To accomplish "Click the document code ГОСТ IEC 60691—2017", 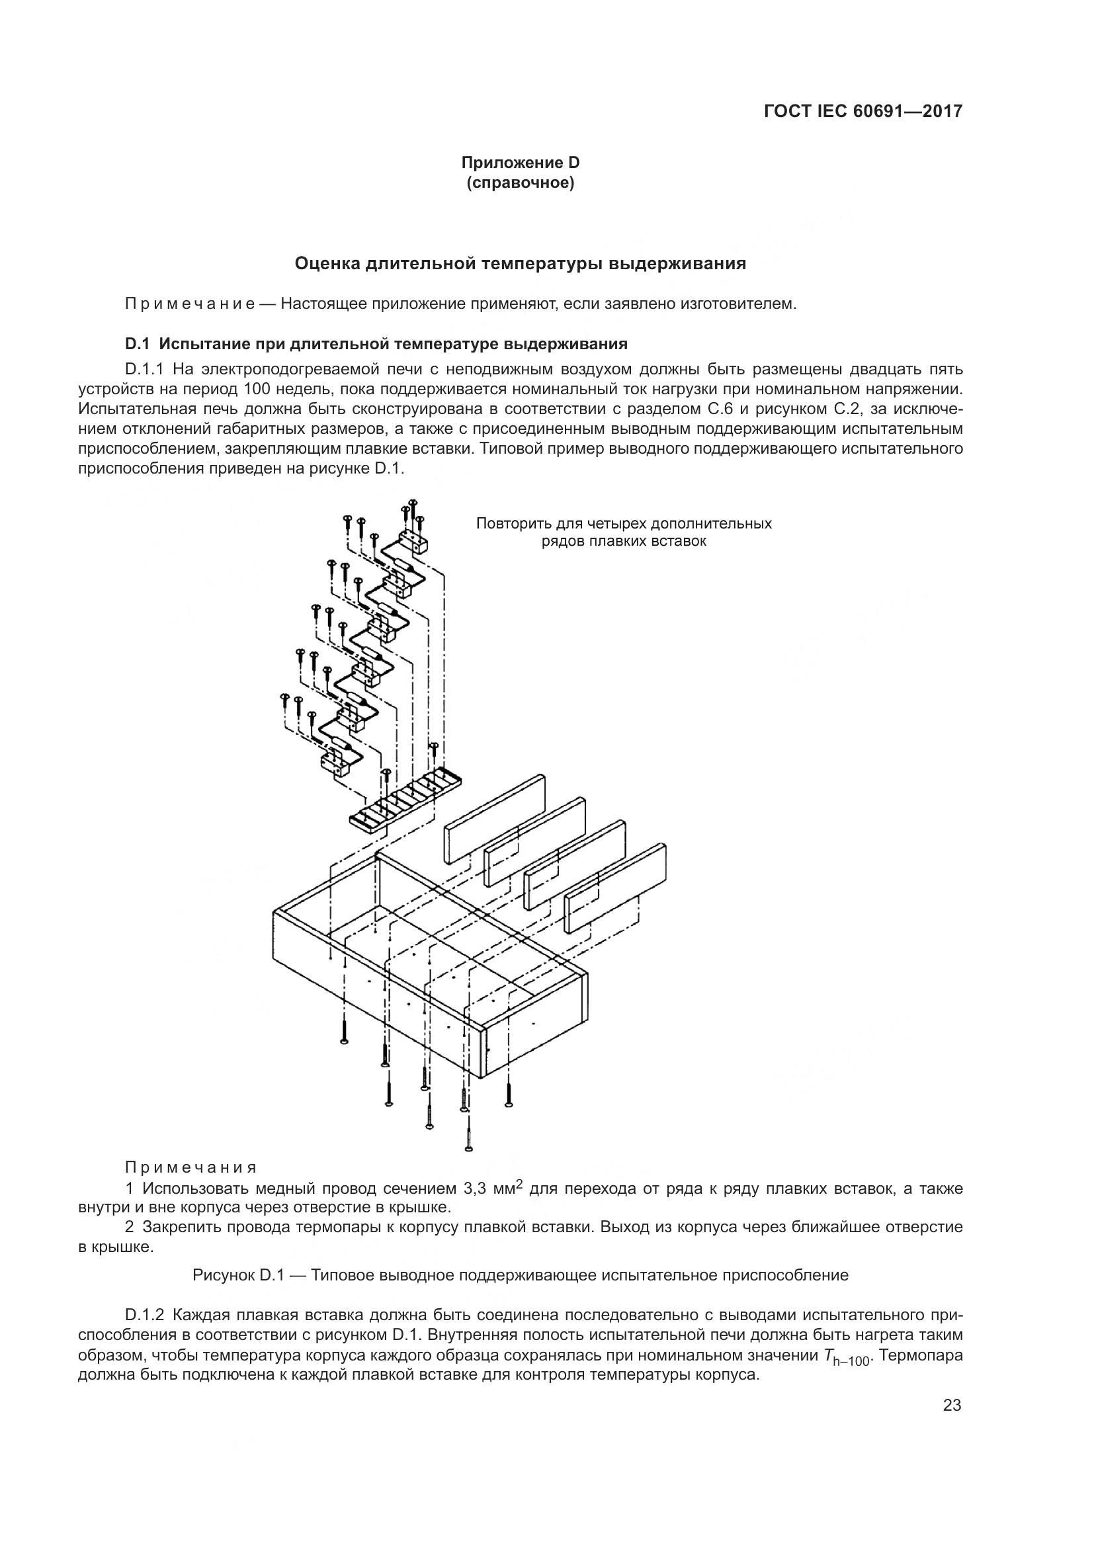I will coord(863,111).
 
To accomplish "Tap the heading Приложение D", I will coord(520,163).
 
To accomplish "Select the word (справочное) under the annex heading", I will coord(520,183).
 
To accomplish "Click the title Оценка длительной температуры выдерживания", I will coord(520,263).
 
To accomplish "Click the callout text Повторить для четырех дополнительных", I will coord(624,524).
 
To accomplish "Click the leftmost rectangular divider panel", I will coord(495,818).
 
